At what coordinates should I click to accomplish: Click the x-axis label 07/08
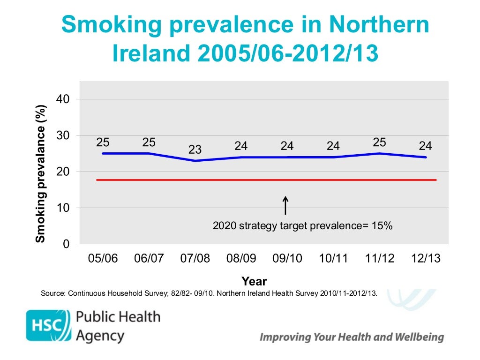click(x=195, y=259)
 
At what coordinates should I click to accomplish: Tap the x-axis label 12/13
click(x=426, y=259)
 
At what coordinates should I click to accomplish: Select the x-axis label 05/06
click(x=103, y=259)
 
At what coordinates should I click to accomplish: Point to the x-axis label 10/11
click(x=333, y=259)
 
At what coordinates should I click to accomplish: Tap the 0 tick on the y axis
click(x=67, y=244)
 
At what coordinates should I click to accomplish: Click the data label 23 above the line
click(x=195, y=150)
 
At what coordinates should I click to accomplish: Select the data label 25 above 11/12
click(x=380, y=142)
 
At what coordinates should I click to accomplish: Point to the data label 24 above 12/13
click(x=426, y=146)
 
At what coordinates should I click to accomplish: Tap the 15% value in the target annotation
click(x=382, y=226)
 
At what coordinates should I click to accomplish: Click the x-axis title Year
click(x=254, y=281)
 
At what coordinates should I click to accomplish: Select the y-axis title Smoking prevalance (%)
click(x=41, y=173)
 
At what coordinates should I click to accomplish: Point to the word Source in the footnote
click(x=53, y=294)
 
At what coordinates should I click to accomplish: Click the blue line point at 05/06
click(x=103, y=153)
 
